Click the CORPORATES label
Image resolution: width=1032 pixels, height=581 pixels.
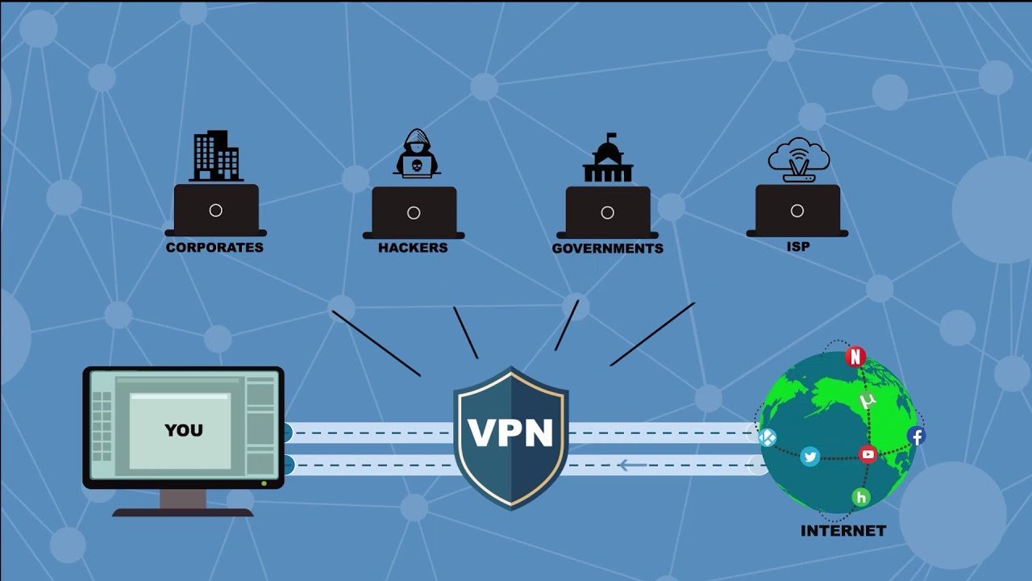point(214,248)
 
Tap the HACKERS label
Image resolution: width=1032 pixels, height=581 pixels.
point(413,248)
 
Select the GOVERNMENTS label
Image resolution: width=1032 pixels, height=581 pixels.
point(608,249)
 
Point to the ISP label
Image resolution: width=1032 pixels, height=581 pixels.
point(798,247)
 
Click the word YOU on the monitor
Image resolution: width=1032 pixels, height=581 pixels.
point(184,430)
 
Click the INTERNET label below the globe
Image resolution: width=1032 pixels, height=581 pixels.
point(843,531)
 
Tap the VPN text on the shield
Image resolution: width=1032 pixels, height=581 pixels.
point(510,433)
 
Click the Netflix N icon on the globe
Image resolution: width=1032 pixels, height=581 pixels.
point(855,357)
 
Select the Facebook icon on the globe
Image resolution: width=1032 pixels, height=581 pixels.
point(917,436)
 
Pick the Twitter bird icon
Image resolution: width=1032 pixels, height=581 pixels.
point(810,457)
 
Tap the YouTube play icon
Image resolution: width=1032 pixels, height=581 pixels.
point(868,454)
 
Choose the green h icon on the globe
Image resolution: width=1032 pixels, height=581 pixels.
point(861,497)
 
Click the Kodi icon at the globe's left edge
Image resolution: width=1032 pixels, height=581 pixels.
point(767,437)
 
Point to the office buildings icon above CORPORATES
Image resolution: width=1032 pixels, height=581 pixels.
point(216,156)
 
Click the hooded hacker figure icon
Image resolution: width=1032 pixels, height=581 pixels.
point(417,153)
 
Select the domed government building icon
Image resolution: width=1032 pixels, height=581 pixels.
point(608,157)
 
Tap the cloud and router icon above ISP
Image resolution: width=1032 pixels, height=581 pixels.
point(799,160)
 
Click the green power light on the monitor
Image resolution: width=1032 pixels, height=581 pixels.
point(264,483)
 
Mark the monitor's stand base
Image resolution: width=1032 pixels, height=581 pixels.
point(183,512)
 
